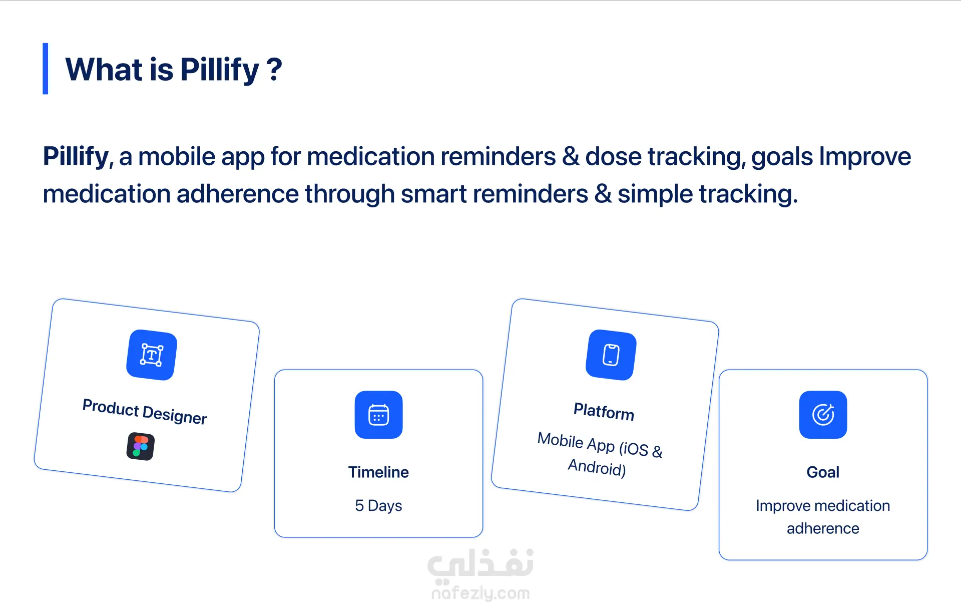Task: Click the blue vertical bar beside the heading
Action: [x=46, y=69]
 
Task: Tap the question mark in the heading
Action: [x=274, y=69]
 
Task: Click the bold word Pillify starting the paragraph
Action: [x=76, y=157]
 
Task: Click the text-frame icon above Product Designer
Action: [x=152, y=355]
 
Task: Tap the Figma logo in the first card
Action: [x=141, y=446]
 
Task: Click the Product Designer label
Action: [x=145, y=412]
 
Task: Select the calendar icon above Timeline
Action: [x=379, y=415]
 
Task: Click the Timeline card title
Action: [x=378, y=472]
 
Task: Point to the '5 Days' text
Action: [x=378, y=505]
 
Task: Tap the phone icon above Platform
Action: [x=611, y=355]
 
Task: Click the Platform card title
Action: [x=604, y=412]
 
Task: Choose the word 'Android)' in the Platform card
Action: [x=597, y=467]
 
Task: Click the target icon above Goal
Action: [x=823, y=415]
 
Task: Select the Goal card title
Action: [x=823, y=472]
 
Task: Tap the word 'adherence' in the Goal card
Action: [x=823, y=528]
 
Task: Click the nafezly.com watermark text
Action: [x=480, y=593]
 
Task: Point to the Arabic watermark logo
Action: [x=480, y=565]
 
